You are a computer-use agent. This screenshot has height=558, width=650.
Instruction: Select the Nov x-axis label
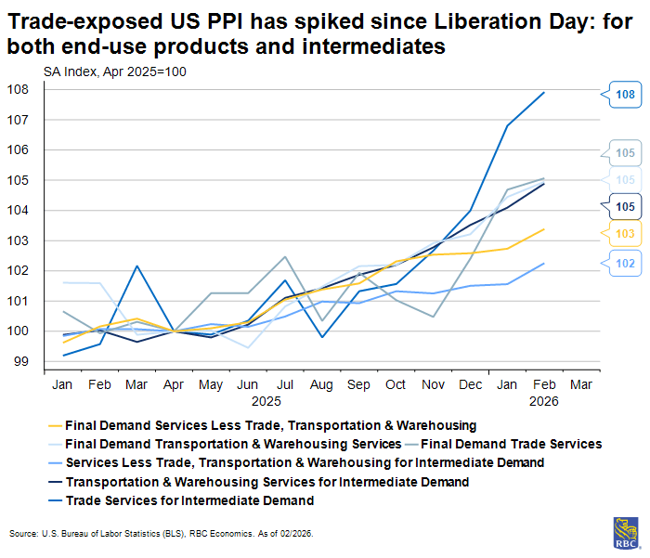[433, 384]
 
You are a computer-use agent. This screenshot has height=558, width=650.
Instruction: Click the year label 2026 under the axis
[543, 402]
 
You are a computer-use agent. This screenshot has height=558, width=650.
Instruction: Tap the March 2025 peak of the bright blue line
[136, 266]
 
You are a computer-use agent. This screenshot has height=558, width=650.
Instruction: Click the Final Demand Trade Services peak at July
[284, 256]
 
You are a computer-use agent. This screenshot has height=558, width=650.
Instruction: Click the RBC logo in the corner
[626, 532]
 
